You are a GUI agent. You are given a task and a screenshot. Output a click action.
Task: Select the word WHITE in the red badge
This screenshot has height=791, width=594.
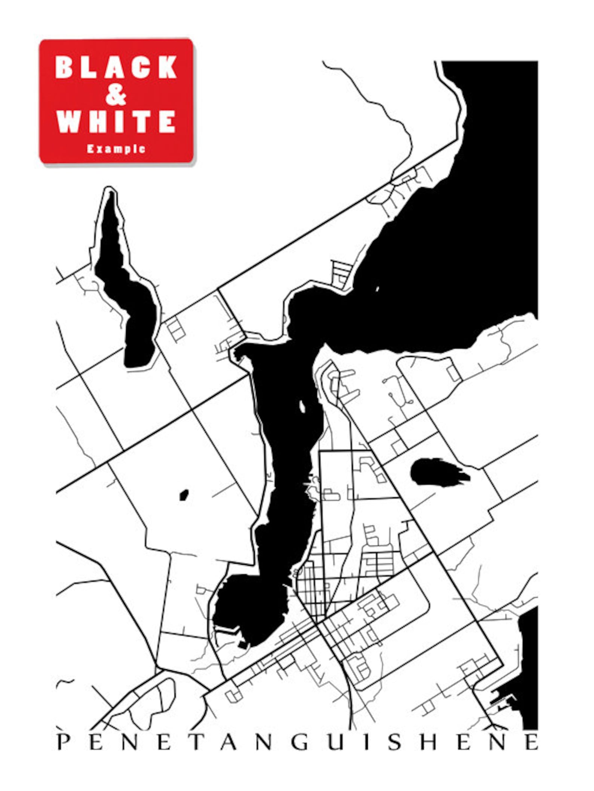[116, 122]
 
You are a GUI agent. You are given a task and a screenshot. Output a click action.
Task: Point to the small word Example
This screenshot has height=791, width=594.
[116, 149]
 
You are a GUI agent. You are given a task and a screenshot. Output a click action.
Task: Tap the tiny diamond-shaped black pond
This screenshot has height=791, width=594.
[183, 495]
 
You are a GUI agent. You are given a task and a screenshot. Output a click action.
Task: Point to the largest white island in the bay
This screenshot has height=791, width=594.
[302, 406]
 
